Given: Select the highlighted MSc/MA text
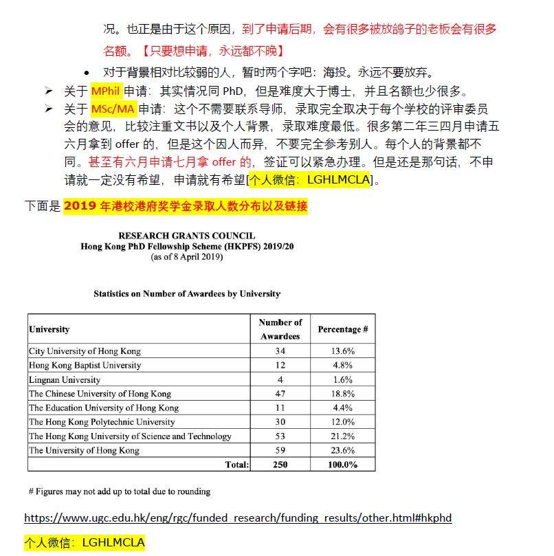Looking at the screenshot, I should pyautogui.click(x=113, y=109).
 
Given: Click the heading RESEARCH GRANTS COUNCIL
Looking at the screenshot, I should pyautogui.click(x=186, y=235).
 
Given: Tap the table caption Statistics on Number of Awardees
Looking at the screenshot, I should pyautogui.click(x=187, y=293).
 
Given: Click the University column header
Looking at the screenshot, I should pyautogui.click(x=49, y=329).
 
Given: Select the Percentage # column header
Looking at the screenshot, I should pyautogui.click(x=342, y=329).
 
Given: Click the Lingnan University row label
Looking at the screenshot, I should pyautogui.click(x=65, y=379).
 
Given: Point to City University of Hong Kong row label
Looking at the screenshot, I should pyautogui.click(x=85, y=351).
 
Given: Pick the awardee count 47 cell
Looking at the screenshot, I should pyautogui.click(x=280, y=394).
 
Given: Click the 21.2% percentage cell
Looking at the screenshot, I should pyautogui.click(x=342, y=436).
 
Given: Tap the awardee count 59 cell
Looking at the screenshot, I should pyautogui.click(x=280, y=451).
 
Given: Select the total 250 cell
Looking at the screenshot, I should pyautogui.click(x=280, y=465).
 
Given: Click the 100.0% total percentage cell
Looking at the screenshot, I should pyautogui.click(x=342, y=465).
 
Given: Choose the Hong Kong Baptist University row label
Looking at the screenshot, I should pyautogui.click(x=85, y=365).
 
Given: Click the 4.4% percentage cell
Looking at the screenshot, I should pyautogui.click(x=342, y=408).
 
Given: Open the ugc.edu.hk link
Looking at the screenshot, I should pyautogui.click(x=238, y=518).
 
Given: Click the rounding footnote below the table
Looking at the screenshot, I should pyautogui.click(x=120, y=491).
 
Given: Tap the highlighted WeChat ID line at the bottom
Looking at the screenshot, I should pyautogui.click(x=85, y=542).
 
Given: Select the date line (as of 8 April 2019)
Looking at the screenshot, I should pyautogui.click(x=186, y=257).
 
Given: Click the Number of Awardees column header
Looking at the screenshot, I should pyautogui.click(x=280, y=329).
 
